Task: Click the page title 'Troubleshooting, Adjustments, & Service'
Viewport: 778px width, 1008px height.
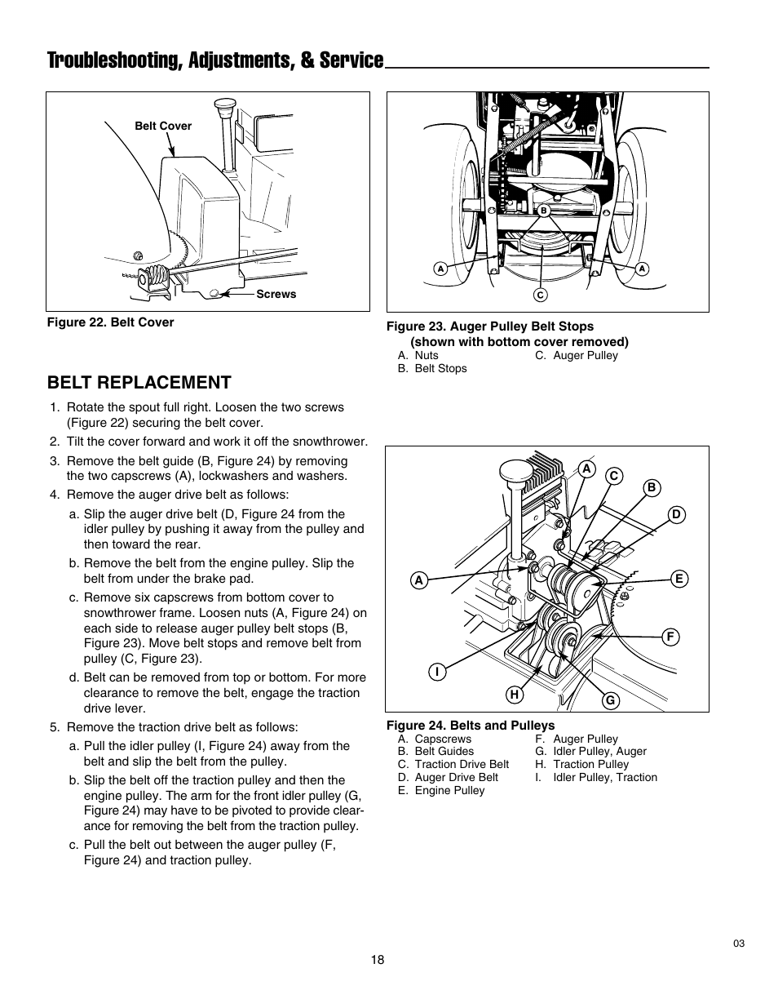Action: click(x=215, y=60)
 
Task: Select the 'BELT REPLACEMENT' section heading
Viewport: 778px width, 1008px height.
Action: click(x=139, y=382)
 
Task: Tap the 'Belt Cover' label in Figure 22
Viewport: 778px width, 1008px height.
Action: click(x=163, y=126)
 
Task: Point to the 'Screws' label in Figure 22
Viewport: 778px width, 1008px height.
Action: click(x=276, y=294)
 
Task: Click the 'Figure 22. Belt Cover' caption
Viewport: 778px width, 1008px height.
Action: click(x=110, y=322)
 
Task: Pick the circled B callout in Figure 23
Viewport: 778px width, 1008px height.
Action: click(x=542, y=211)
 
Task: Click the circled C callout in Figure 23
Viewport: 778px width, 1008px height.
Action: click(x=540, y=294)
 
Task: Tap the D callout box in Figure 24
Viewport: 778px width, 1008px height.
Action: click(x=676, y=514)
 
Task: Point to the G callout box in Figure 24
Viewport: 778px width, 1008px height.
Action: click(x=608, y=700)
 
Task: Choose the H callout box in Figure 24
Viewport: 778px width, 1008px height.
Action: click(x=514, y=695)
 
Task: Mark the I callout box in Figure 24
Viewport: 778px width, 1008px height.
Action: click(x=437, y=672)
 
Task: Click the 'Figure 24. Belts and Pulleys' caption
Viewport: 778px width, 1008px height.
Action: click(x=470, y=726)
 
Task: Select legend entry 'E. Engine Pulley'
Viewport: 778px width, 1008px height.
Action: click(x=441, y=790)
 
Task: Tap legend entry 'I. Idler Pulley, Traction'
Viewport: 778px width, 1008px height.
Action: click(x=595, y=777)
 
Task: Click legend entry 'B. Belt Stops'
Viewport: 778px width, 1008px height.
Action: click(x=432, y=368)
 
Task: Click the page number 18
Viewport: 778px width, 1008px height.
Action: click(x=376, y=960)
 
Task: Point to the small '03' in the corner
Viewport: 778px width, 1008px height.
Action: click(x=739, y=944)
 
